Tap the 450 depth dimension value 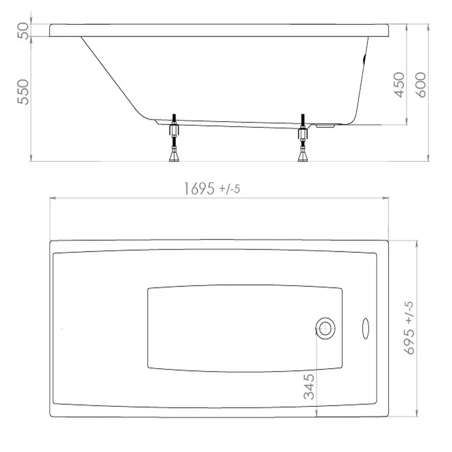click(x=399, y=85)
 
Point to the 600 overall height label click(x=421, y=85)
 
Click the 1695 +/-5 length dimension click(x=211, y=189)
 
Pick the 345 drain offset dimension click(x=309, y=387)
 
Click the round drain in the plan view click(x=325, y=327)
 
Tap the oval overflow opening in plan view click(x=366, y=328)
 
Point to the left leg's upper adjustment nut click(x=174, y=131)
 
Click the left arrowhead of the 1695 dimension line click(x=52, y=198)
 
